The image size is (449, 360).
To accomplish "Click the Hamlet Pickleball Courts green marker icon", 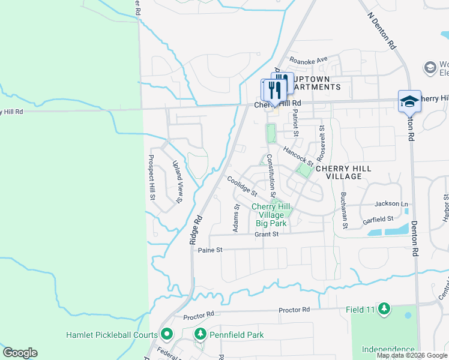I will pos(167,334).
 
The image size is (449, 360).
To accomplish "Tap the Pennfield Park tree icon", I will pos(199,334).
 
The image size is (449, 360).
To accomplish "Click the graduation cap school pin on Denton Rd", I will pos(409,101).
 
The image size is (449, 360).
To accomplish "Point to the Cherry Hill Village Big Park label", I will pos(271,215).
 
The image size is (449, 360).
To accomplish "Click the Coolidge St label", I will pos(242,187).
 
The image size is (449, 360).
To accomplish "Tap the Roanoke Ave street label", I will pos(309,59).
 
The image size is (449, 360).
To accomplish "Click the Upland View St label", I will pos(177,182).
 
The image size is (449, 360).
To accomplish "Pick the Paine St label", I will pos(210,250).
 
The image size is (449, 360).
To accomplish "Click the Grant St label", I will pos(267,235).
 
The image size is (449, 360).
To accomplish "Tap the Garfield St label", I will pos(378,220).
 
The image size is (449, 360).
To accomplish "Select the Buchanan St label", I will pos(345,210).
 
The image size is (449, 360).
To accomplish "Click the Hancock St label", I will pos(298,157).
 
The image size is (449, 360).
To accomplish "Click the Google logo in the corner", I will pos(20,353).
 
